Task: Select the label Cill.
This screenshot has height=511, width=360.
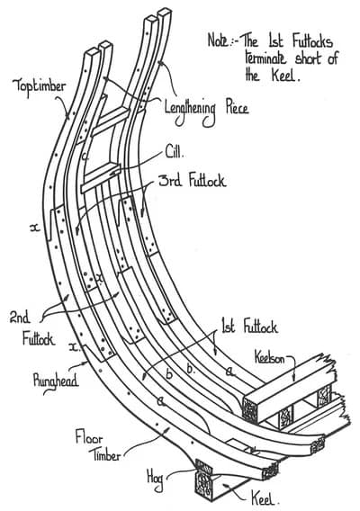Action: [x=176, y=150]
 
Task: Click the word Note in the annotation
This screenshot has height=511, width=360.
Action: [x=220, y=40]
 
